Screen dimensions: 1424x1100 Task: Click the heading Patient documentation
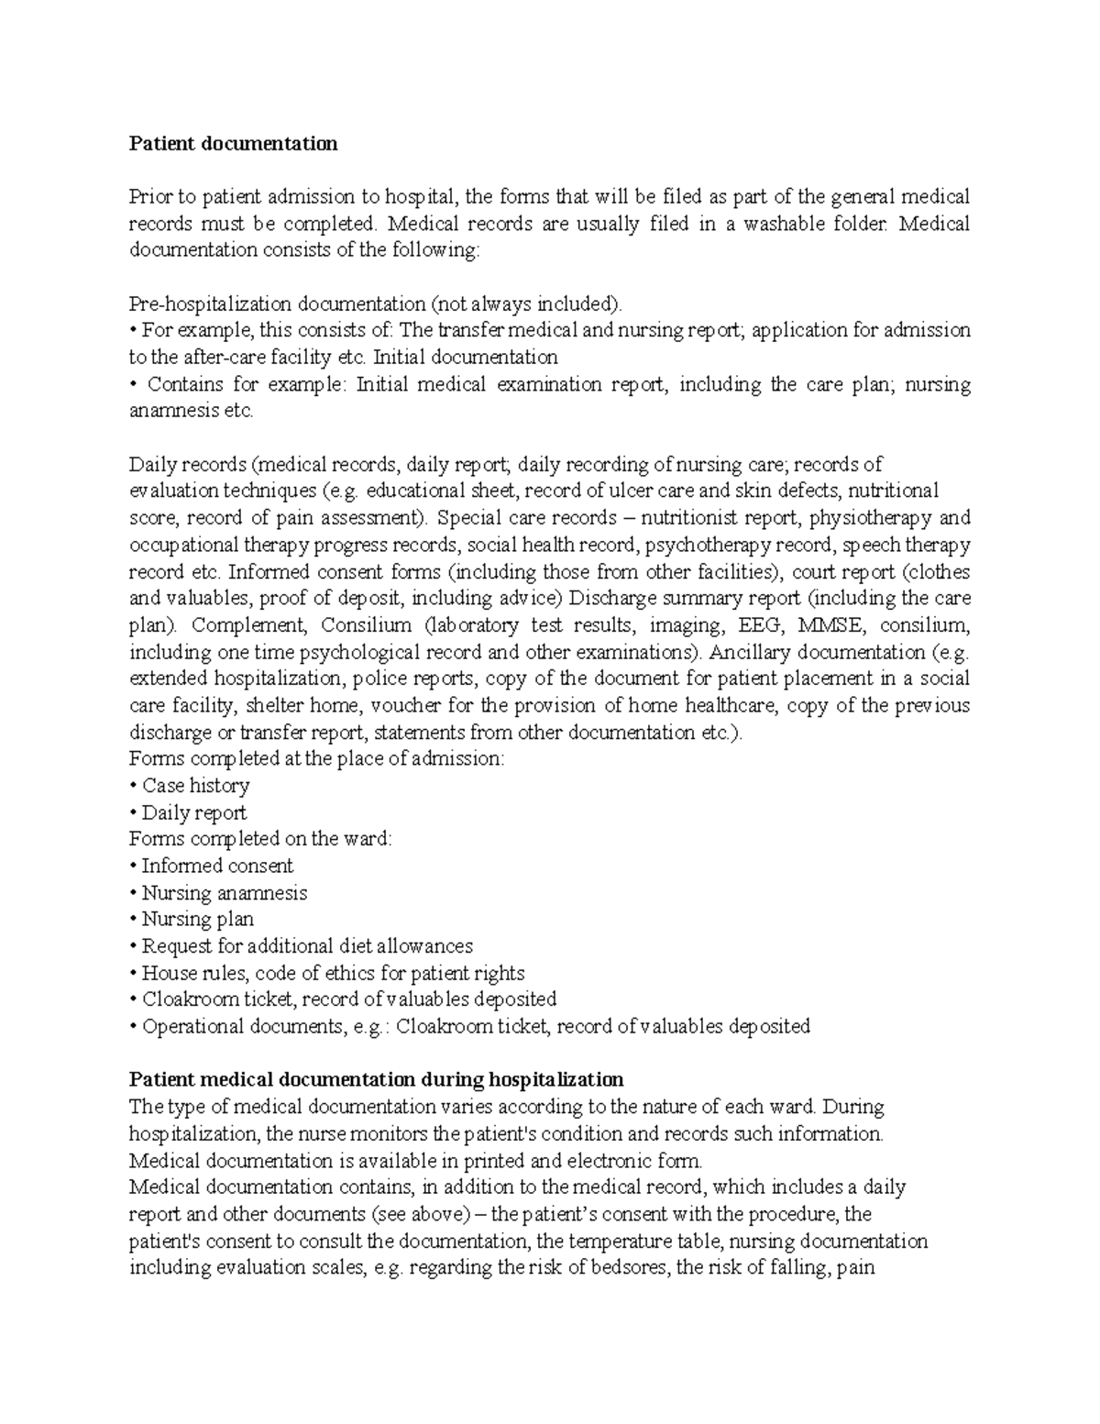coord(233,144)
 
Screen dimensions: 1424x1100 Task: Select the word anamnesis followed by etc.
coord(167,411)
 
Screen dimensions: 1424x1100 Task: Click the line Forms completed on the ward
coord(259,839)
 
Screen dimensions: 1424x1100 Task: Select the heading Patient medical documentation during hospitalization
coord(376,1079)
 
